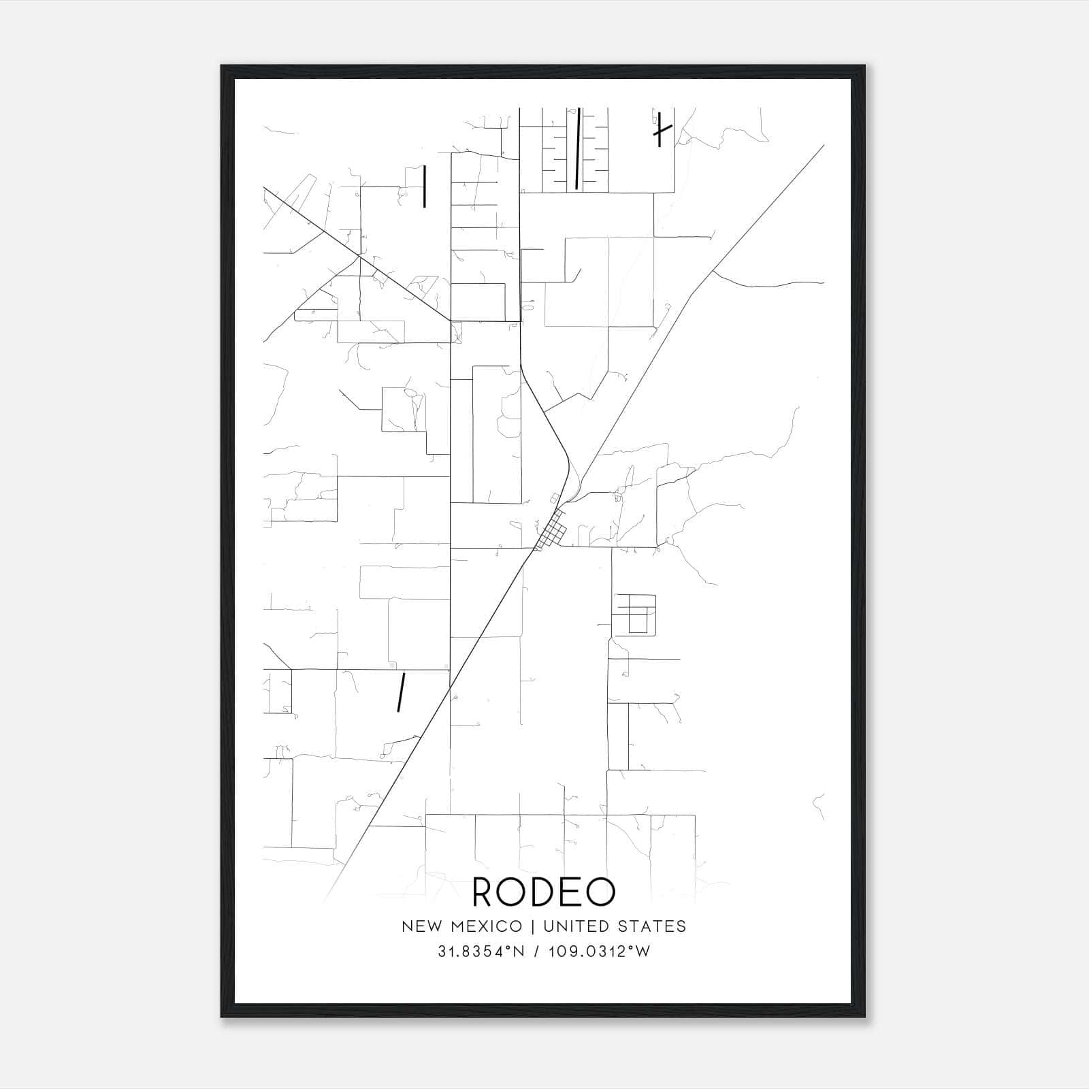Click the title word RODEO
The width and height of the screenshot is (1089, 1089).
coord(543,892)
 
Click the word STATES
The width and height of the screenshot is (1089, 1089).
coord(653,926)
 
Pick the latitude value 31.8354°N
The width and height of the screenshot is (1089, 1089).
coord(481,952)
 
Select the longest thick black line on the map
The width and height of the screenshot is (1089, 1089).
coord(578,148)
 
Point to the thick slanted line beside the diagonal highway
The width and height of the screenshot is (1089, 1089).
coord(402,692)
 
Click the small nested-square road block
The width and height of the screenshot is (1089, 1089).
coord(634,614)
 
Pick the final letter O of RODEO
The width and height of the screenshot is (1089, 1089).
coord(600,892)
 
